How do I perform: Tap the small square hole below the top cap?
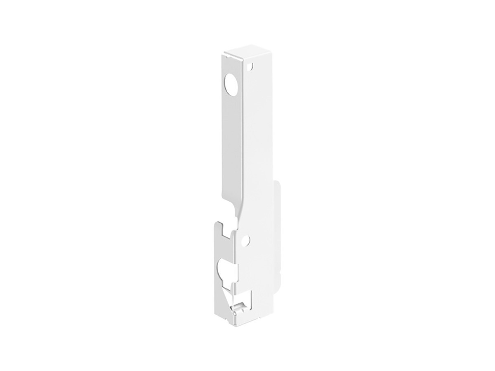249,65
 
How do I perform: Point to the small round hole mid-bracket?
246,239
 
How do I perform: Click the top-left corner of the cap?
224,53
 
